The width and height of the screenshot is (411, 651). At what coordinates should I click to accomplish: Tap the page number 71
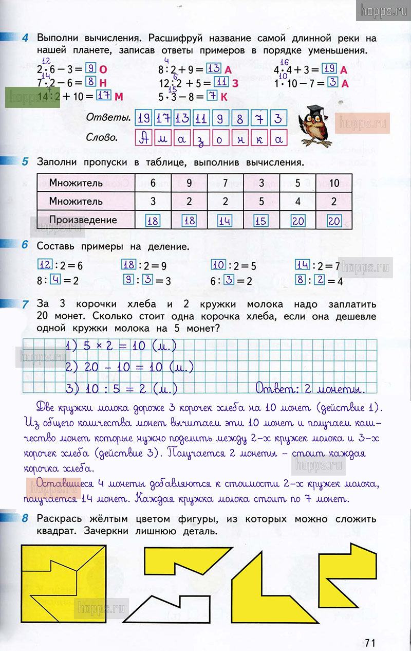(370, 642)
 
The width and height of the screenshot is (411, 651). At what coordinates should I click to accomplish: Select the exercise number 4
(25, 38)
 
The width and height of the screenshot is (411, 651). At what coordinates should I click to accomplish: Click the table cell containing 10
(334, 183)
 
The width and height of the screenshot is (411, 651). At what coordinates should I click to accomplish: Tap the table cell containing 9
(189, 183)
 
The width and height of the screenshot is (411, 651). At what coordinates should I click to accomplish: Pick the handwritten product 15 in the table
(261, 221)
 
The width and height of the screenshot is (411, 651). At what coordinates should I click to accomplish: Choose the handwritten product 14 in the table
(225, 221)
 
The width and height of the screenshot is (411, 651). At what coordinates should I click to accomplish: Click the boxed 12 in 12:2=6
(45, 265)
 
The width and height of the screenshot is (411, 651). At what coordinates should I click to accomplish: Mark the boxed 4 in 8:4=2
(57, 281)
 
